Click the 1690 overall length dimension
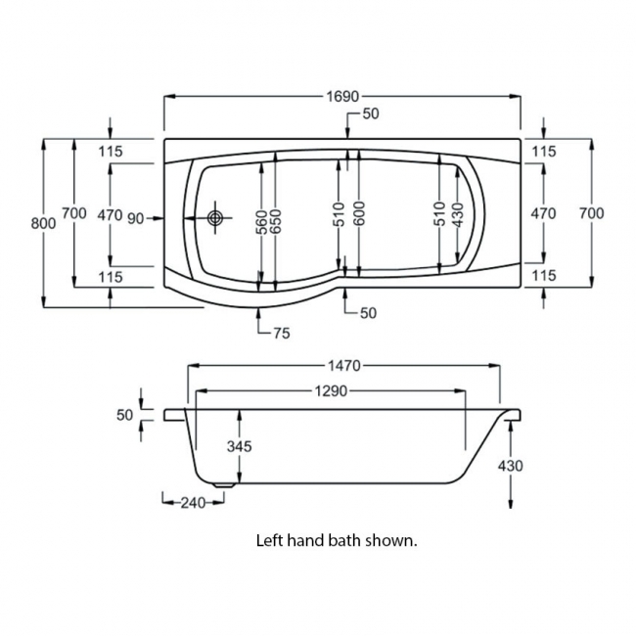pyautogui.click(x=341, y=96)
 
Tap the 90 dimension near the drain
pyautogui.click(x=136, y=217)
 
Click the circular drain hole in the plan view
pyautogui.click(x=215, y=217)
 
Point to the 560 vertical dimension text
pyautogui.click(x=261, y=224)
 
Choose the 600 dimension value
pyautogui.click(x=359, y=213)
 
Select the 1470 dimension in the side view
pyautogui.click(x=342, y=365)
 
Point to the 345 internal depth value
pyautogui.click(x=240, y=446)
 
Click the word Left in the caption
pyautogui.click(x=269, y=539)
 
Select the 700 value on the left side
pyautogui.click(x=74, y=213)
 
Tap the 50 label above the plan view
pyautogui.click(x=370, y=114)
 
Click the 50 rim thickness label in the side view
pyautogui.click(x=124, y=415)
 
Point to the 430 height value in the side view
pyautogui.click(x=510, y=465)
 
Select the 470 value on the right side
pyautogui.click(x=543, y=213)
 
